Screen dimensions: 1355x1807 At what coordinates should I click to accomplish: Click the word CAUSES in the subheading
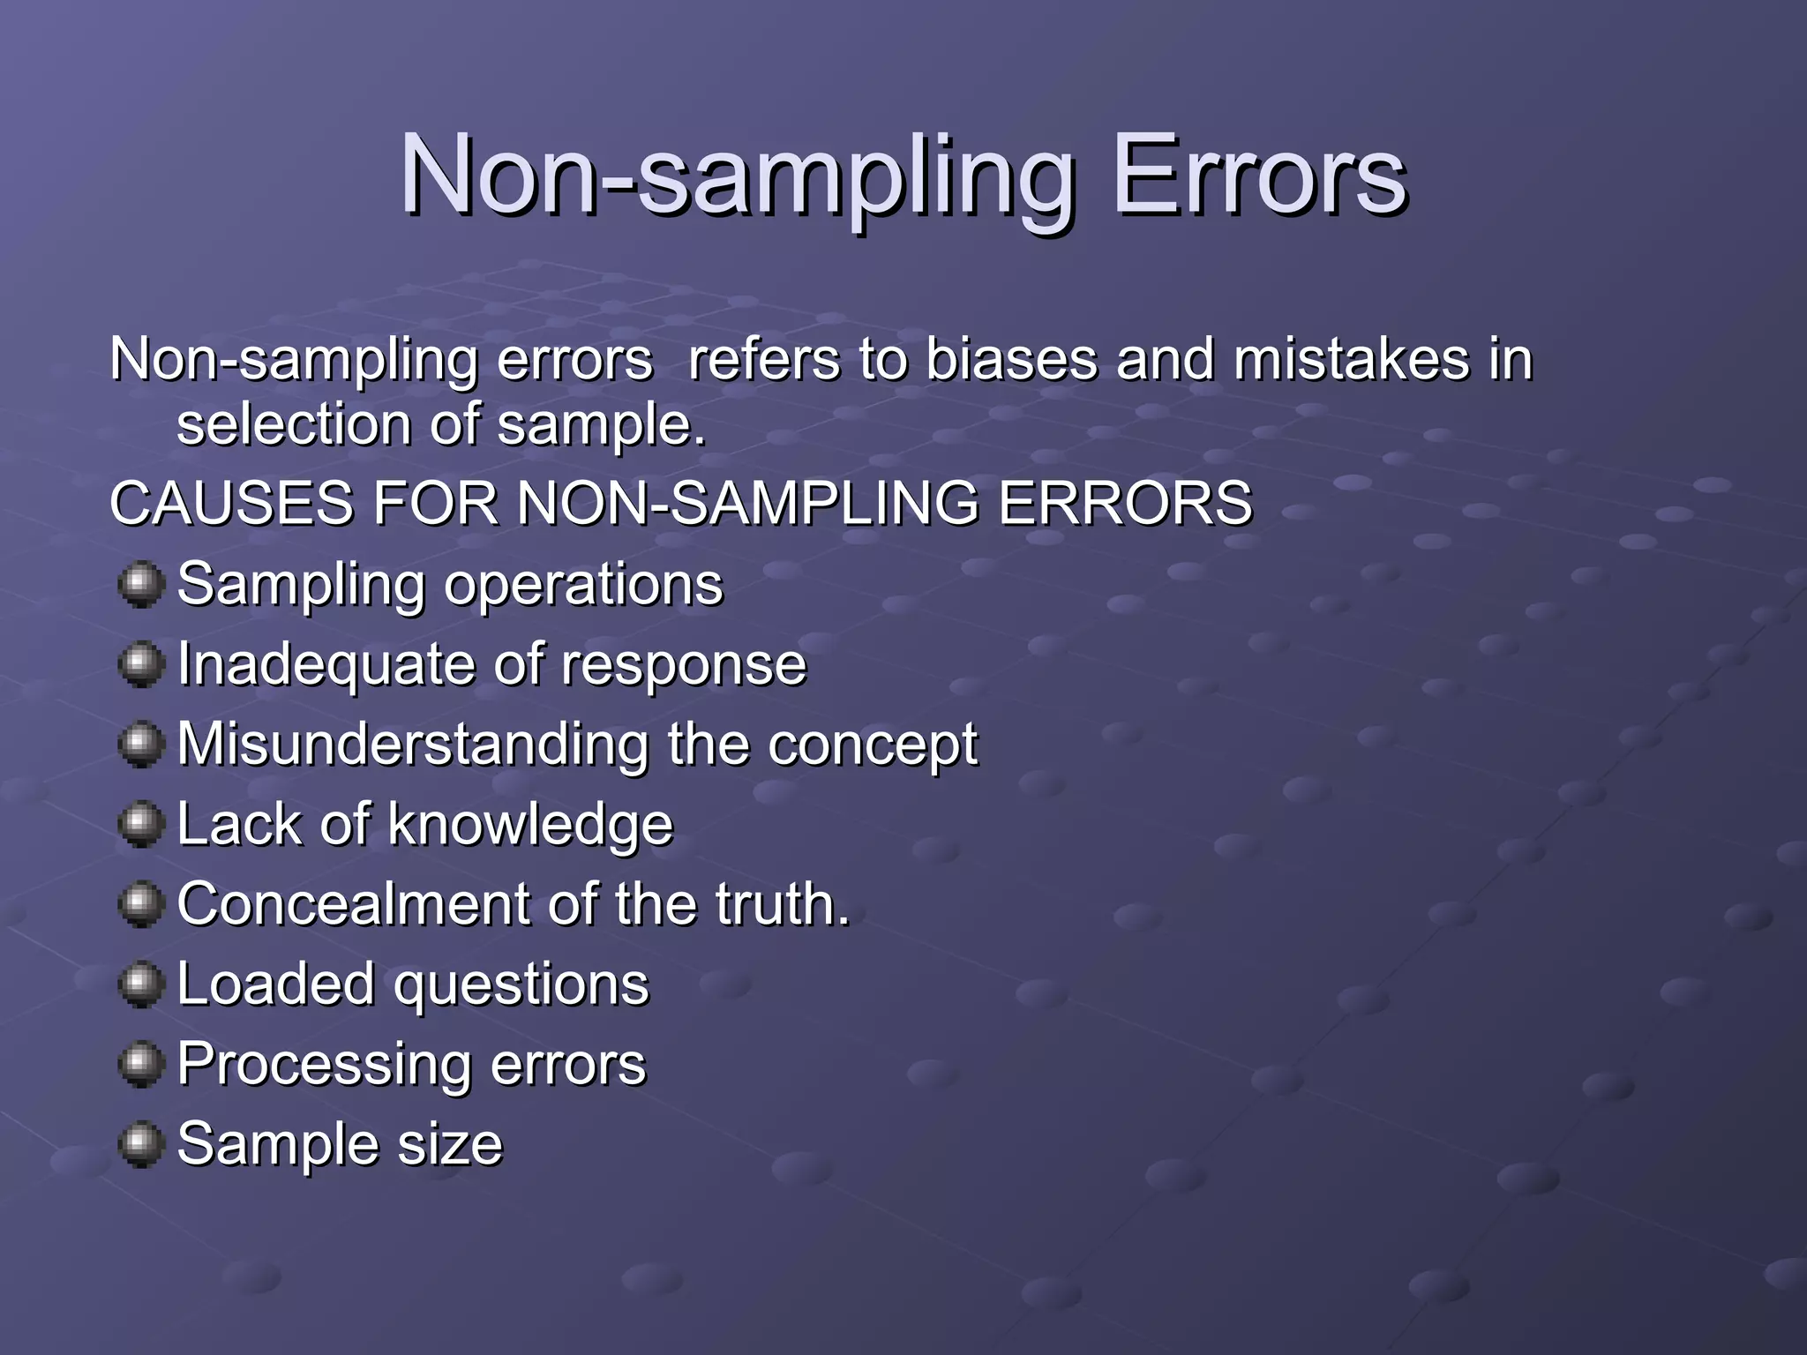[x=231, y=503]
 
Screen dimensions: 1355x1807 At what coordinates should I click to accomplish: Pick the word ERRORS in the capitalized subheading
[x=1125, y=503]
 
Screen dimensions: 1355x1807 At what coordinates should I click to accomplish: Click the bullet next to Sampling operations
[x=140, y=585]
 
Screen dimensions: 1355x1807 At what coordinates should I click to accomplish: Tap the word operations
[x=583, y=585]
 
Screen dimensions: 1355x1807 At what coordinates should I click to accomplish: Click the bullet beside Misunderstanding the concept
[x=140, y=745]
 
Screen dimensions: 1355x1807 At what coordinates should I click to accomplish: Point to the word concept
[x=873, y=746]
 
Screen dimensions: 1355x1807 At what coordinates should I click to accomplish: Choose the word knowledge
[x=530, y=825]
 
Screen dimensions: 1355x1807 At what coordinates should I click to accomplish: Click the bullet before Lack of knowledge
[x=140, y=825]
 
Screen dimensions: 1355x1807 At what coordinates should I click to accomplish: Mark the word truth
[x=782, y=904]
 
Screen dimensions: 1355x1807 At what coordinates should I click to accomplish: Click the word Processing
[x=325, y=1065]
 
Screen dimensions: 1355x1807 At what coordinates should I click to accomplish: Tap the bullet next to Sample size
[x=140, y=1144]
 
